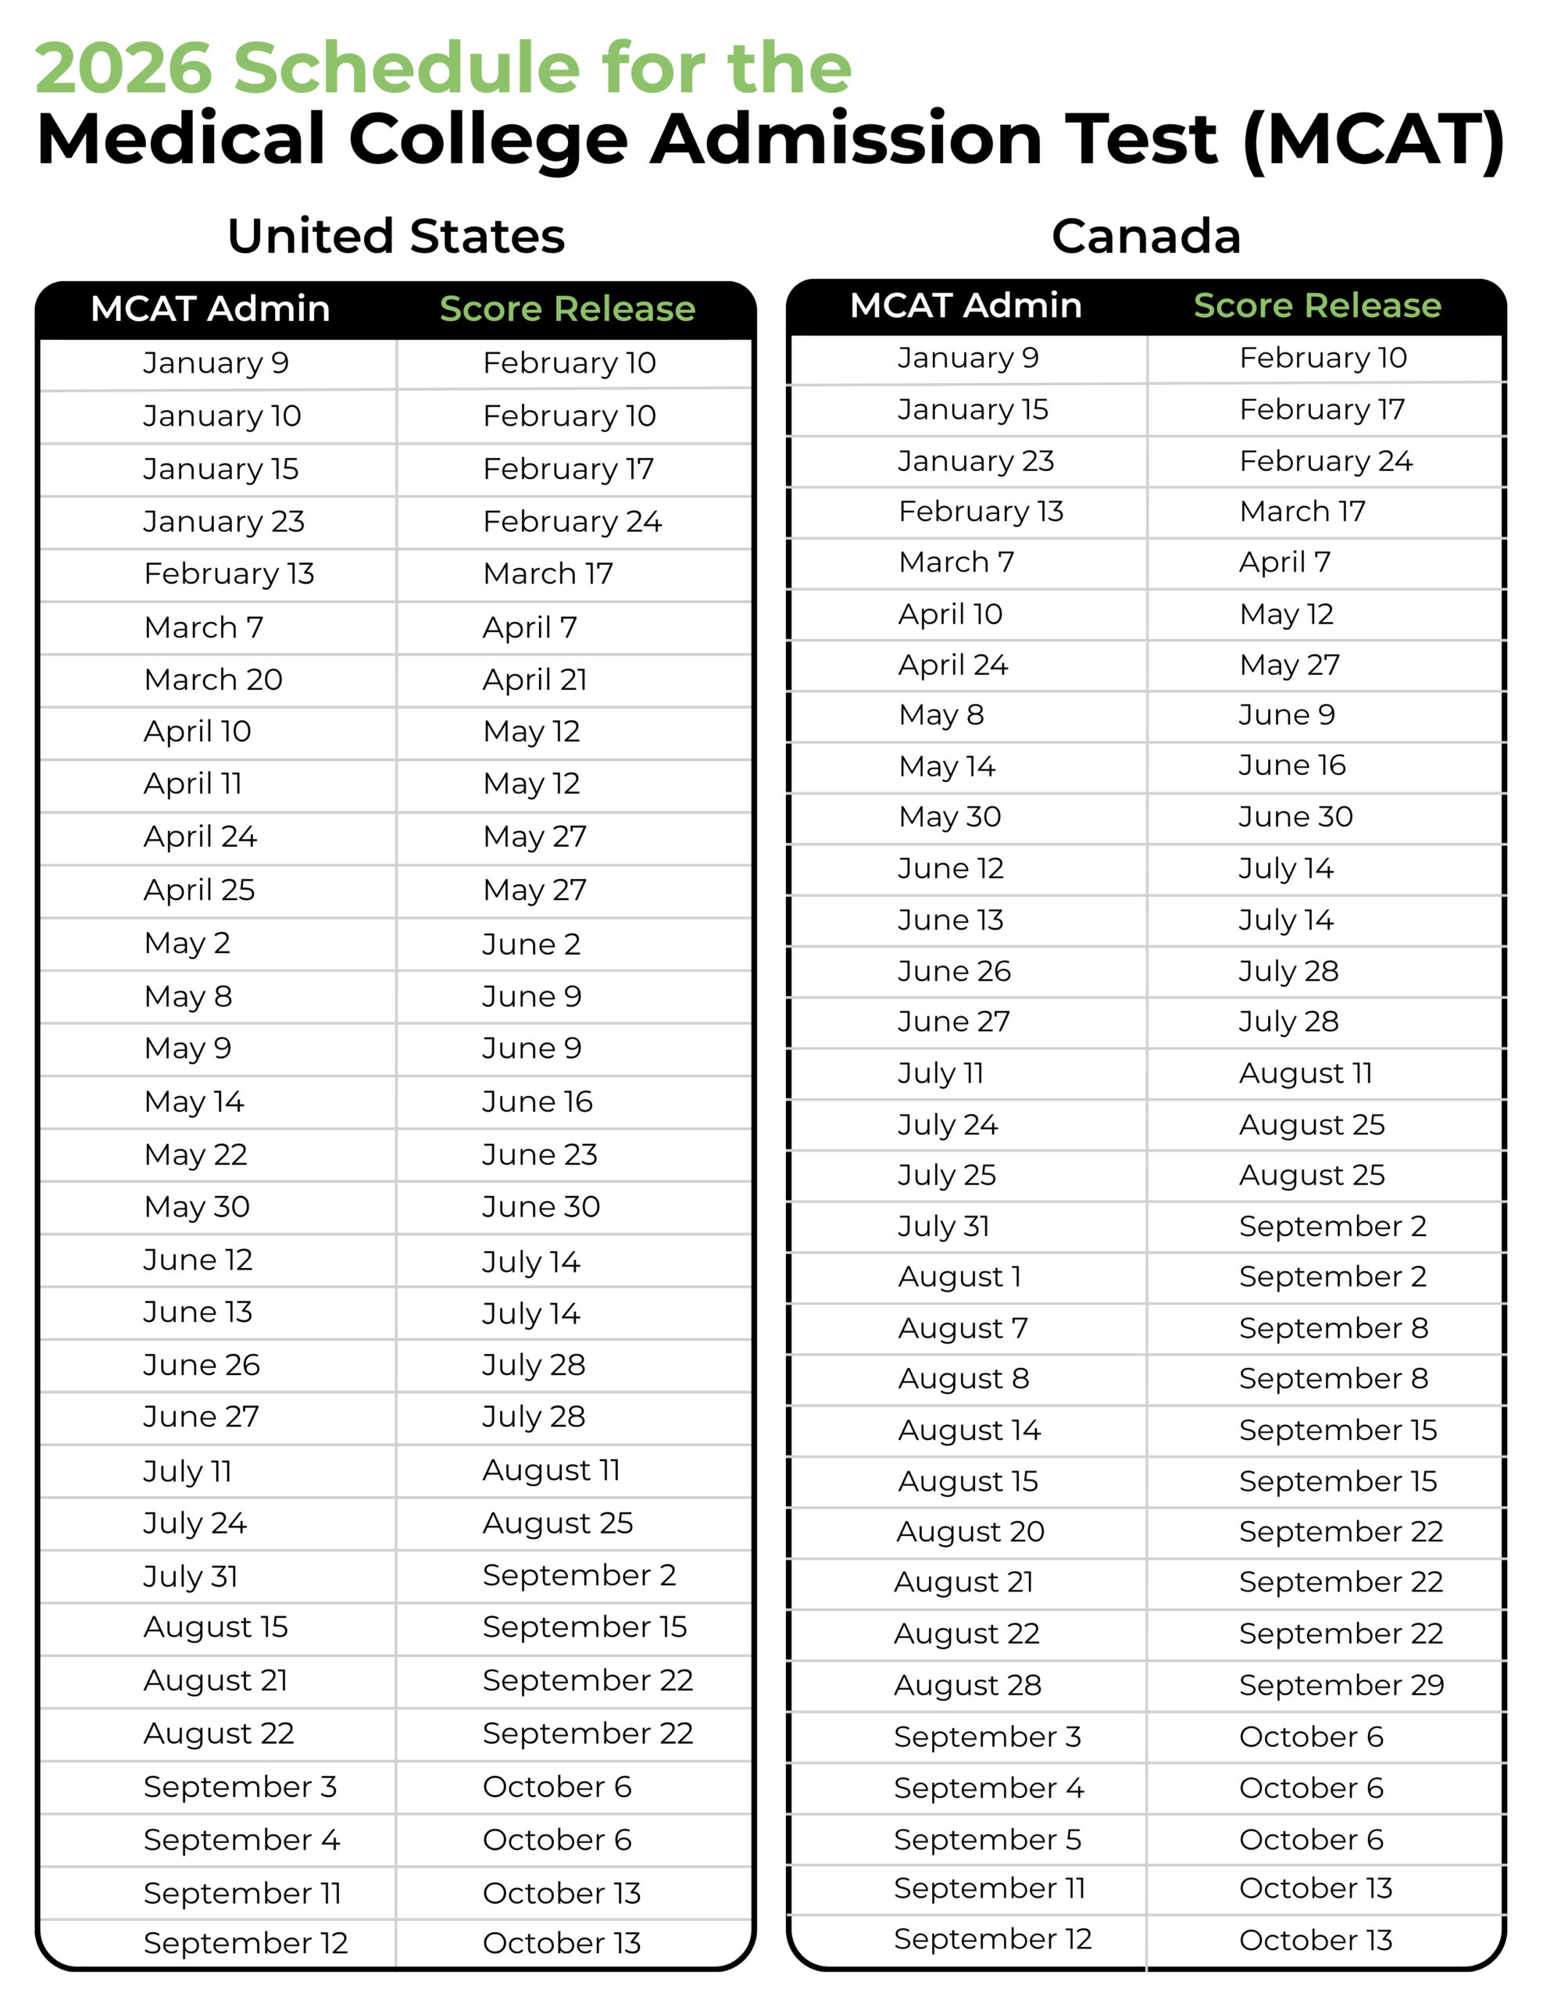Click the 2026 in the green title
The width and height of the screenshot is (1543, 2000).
click(x=123, y=68)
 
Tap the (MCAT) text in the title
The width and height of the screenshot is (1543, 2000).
click(x=1373, y=139)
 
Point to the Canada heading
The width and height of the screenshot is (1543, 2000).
click(x=1145, y=236)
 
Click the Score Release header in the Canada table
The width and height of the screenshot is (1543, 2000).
click(x=1316, y=305)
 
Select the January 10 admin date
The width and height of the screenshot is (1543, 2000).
click(x=222, y=416)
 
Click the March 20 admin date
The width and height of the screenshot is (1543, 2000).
click(x=213, y=680)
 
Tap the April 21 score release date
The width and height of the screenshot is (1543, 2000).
click(x=535, y=680)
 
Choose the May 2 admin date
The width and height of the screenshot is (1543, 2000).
click(x=187, y=943)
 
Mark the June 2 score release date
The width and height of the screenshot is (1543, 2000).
click(x=531, y=944)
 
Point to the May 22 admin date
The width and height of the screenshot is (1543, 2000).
click(x=196, y=1155)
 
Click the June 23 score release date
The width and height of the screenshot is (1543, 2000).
click(x=539, y=1155)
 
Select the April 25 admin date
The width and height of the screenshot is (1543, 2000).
click(x=200, y=890)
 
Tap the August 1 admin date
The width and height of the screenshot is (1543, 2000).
click(x=959, y=1277)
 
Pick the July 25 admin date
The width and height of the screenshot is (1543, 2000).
click(x=947, y=1175)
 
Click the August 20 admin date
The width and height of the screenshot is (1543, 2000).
click(x=970, y=1531)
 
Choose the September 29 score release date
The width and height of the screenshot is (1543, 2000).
click(x=1341, y=1685)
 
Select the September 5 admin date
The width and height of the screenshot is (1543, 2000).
click(x=988, y=1839)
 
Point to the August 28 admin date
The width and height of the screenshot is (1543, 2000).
click(x=968, y=1685)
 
